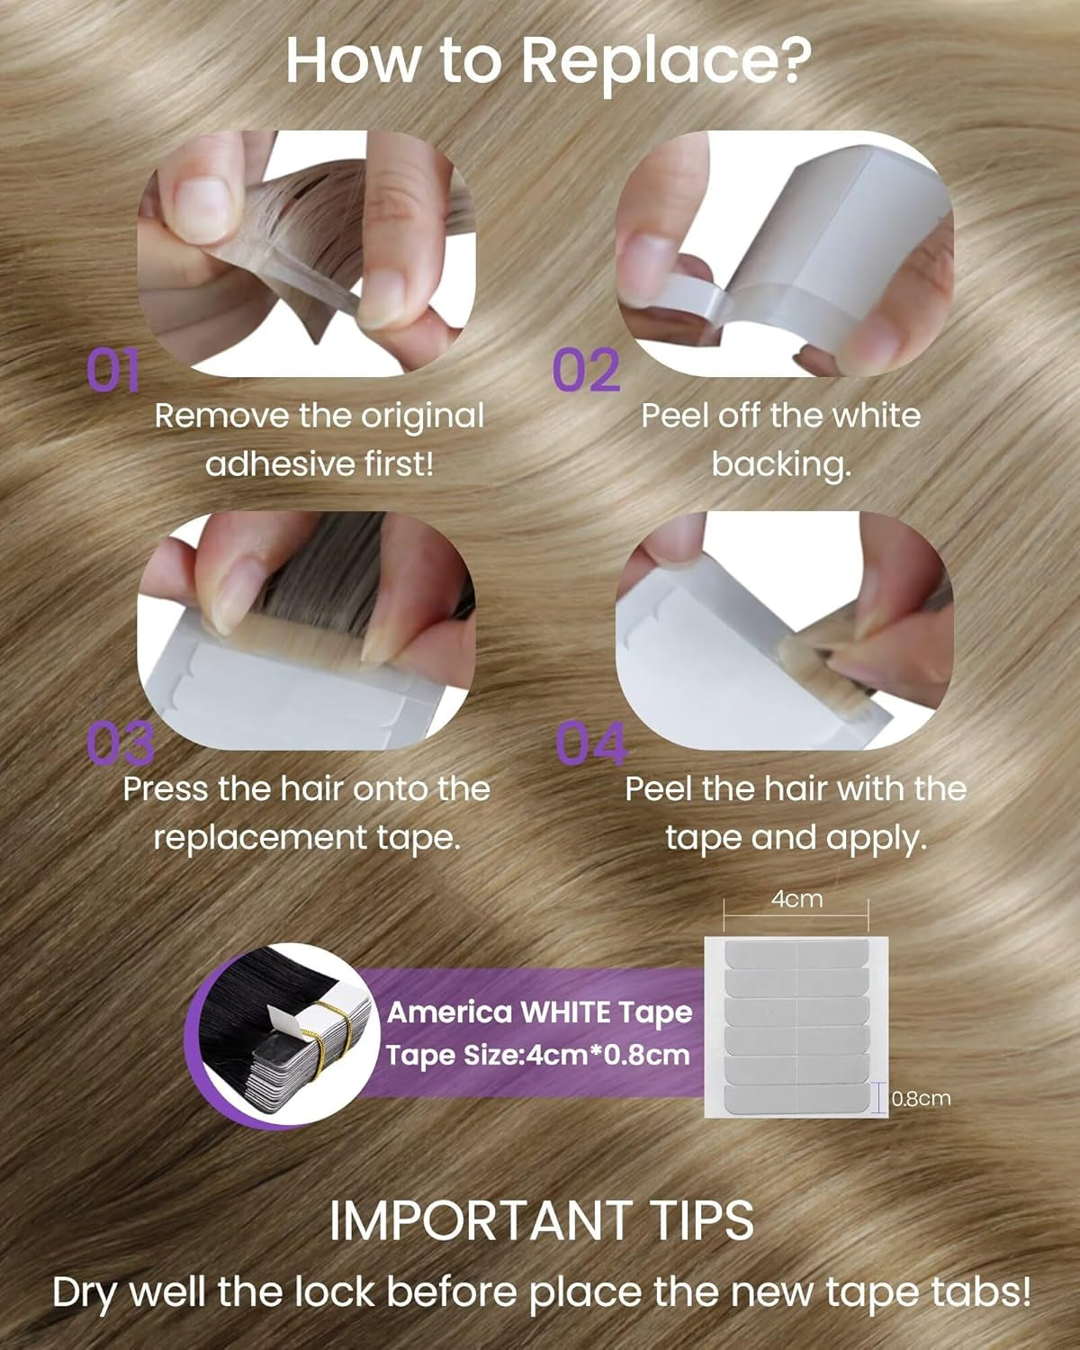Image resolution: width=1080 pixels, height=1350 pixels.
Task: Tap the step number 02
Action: [586, 371]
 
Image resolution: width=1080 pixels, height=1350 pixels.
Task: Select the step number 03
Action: [121, 743]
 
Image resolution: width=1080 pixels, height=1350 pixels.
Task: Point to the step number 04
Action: [591, 743]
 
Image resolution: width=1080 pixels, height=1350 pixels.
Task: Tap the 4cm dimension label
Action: [796, 899]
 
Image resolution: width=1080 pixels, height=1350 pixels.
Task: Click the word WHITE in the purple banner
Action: [566, 1012]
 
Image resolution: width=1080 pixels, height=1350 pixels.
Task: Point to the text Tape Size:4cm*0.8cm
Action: [538, 1054]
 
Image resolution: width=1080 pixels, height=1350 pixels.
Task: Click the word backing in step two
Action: [779, 464]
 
